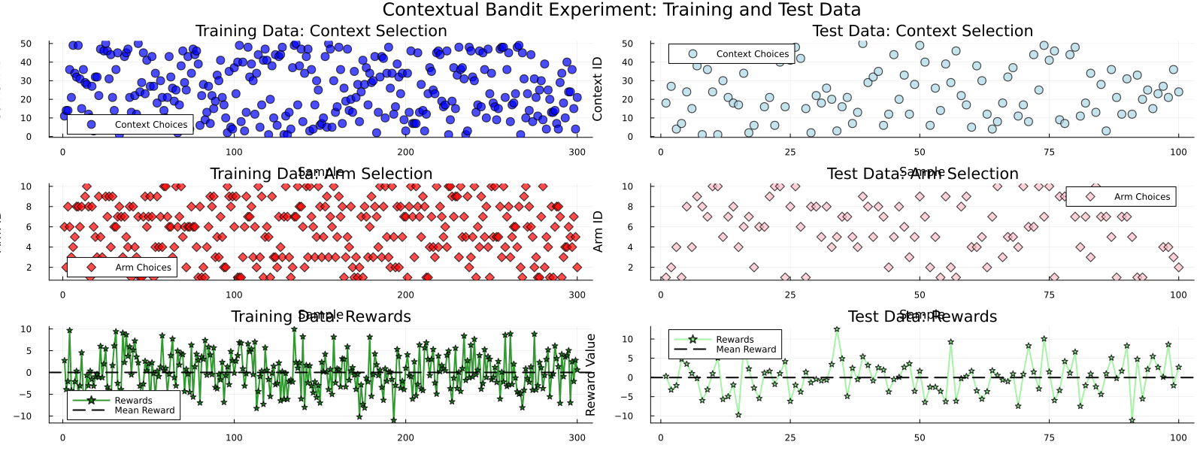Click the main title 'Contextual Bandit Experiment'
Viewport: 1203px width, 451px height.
[x=621, y=10]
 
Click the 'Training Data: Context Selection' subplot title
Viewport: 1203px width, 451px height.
[x=321, y=31]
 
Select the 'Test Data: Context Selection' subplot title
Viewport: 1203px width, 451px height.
[x=923, y=31]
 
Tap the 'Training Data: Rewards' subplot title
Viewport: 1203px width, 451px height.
[x=321, y=316]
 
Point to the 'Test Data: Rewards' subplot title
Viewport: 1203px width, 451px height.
[x=923, y=316]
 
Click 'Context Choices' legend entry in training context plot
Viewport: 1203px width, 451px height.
[x=150, y=125]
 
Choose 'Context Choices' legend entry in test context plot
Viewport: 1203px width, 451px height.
[x=752, y=54]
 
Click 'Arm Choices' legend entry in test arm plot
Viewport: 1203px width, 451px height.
[x=1141, y=197]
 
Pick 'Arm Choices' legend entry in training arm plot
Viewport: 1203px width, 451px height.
[x=143, y=268]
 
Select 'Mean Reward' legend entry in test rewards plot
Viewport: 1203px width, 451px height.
[x=745, y=350]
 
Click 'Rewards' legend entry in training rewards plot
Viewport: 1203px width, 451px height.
[x=133, y=401]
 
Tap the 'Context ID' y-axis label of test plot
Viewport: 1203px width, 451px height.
[x=598, y=89]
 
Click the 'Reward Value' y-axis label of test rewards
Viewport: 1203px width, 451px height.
[x=590, y=374]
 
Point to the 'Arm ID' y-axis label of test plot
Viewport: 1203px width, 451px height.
[x=598, y=232]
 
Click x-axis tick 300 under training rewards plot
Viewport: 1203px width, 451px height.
[x=577, y=437]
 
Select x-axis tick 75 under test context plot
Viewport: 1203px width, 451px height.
[x=1049, y=152]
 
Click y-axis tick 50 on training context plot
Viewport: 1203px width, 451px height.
[x=26, y=44]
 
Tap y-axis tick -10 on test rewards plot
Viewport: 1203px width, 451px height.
[x=625, y=416]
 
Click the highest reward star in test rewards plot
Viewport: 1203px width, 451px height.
[x=837, y=329]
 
